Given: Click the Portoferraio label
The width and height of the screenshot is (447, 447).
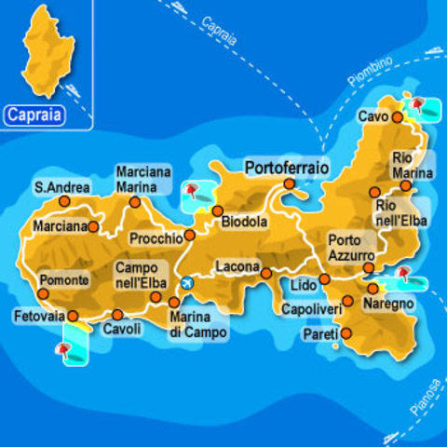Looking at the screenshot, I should tap(287, 169).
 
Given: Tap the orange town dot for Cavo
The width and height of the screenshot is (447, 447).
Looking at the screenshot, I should tap(397, 118).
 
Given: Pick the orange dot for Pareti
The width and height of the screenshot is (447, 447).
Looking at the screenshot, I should tap(345, 332).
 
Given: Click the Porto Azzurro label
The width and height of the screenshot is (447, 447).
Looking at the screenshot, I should tap(351, 247).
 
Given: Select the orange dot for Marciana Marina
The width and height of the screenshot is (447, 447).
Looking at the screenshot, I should tap(135, 201).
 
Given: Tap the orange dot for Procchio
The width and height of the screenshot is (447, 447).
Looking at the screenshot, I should tap(190, 235).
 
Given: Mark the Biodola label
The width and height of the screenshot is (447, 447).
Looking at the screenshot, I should tap(244, 223).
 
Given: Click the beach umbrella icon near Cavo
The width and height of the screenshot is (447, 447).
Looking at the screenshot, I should tap(418, 104).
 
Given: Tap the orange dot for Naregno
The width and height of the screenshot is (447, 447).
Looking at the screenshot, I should tap(372, 289).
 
